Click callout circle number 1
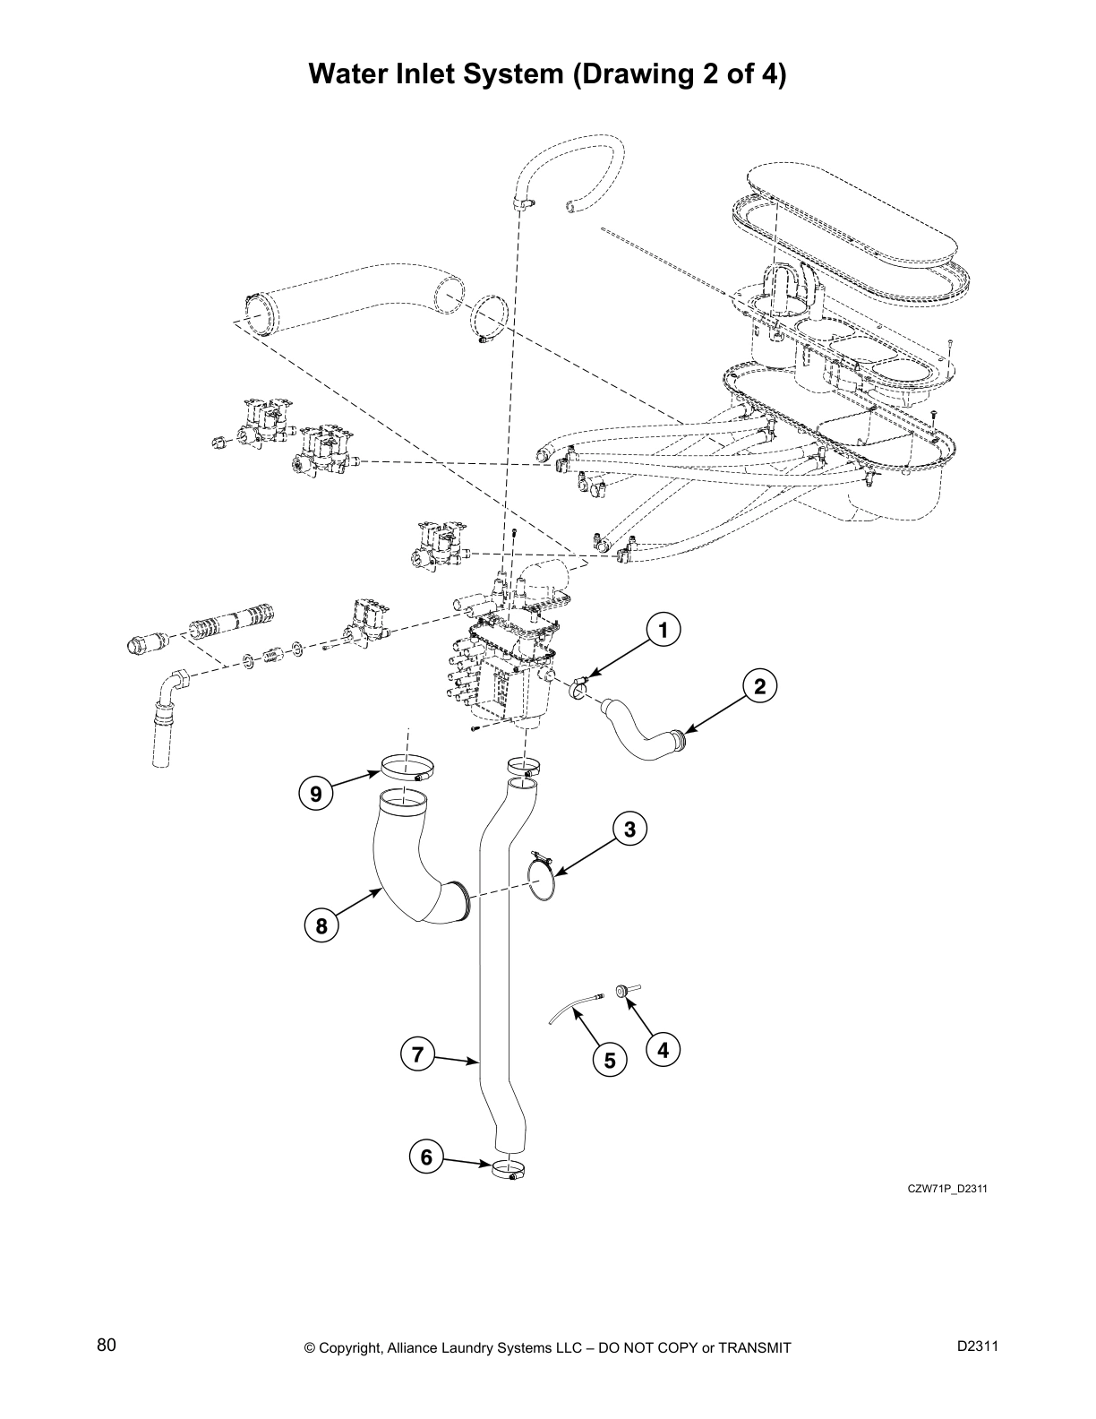(663, 631)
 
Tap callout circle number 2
(759, 687)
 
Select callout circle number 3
(629, 830)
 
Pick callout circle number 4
(663, 1049)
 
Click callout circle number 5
(609, 1061)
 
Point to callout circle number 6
(426, 1157)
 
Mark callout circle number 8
(321, 925)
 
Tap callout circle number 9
(315, 793)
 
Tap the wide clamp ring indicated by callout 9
(407, 768)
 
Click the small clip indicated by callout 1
(578, 688)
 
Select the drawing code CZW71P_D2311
(947, 1190)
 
